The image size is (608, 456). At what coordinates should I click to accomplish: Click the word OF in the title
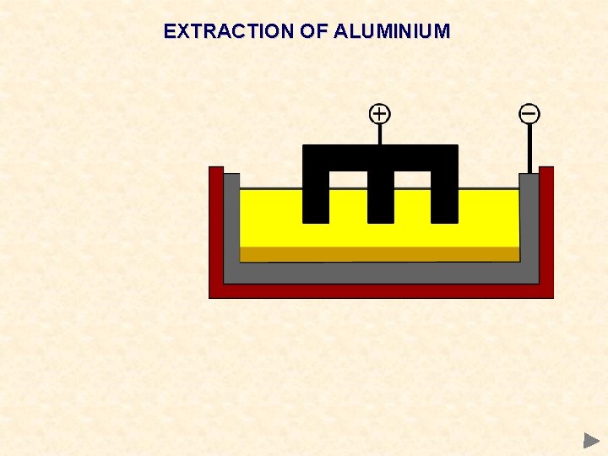tap(310, 32)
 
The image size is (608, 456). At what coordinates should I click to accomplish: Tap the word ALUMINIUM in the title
tap(392, 32)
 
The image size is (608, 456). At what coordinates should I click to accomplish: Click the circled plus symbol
tap(380, 113)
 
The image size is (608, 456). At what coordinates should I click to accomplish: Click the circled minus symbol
tap(529, 113)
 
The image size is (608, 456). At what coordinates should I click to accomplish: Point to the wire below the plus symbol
tap(380, 134)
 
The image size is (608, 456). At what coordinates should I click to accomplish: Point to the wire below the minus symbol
tap(529, 149)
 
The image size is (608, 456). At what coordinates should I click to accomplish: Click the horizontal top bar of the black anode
tap(380, 157)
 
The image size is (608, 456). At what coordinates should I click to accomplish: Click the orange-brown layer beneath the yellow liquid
tap(379, 254)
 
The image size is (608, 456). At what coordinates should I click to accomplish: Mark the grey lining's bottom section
tap(380, 273)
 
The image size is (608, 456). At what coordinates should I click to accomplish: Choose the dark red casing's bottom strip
tap(380, 291)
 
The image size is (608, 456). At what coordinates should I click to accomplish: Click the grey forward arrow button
tap(590, 440)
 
